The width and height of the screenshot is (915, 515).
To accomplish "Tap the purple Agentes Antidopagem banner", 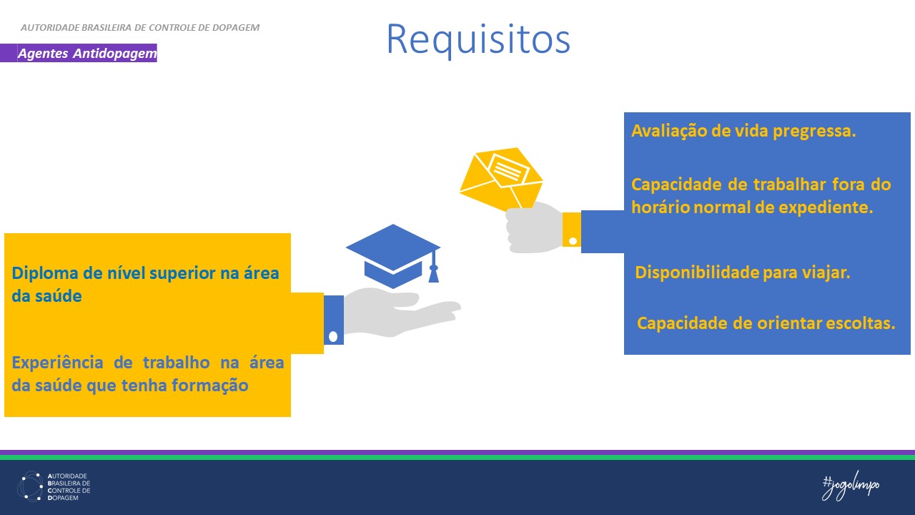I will [x=86, y=54].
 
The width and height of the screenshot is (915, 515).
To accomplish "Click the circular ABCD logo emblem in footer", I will [x=30, y=486].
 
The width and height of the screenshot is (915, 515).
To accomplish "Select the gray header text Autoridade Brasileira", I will [x=140, y=28].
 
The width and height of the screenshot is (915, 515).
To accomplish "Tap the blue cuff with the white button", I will [x=334, y=320].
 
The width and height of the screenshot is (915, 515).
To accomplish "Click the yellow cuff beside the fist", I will [x=572, y=230].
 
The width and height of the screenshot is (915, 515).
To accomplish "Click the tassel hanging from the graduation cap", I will [x=433, y=270].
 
